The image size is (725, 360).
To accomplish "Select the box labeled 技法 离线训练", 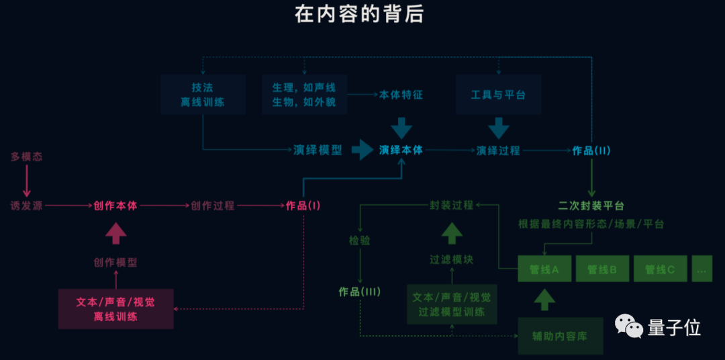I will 202,95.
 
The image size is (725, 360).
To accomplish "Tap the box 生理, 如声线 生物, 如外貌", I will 303,95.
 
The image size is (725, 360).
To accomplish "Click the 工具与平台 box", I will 498,95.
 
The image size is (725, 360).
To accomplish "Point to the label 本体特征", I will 401,95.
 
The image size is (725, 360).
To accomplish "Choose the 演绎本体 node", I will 401,150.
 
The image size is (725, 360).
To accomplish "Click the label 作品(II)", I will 591,150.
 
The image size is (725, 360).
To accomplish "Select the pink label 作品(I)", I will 303,206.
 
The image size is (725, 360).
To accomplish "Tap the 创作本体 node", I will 115,206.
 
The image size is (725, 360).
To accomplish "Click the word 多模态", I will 27,156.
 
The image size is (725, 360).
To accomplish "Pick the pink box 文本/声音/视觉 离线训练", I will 115,309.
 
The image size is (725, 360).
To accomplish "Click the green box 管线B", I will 601,269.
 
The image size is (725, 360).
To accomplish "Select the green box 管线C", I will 659,269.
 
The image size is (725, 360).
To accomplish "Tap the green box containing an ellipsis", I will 702,269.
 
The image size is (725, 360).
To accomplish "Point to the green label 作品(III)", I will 360,291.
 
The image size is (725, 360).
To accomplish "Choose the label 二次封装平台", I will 591,206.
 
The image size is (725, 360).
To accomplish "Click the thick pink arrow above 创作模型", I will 115,234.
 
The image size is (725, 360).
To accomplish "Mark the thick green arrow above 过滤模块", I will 451,233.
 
